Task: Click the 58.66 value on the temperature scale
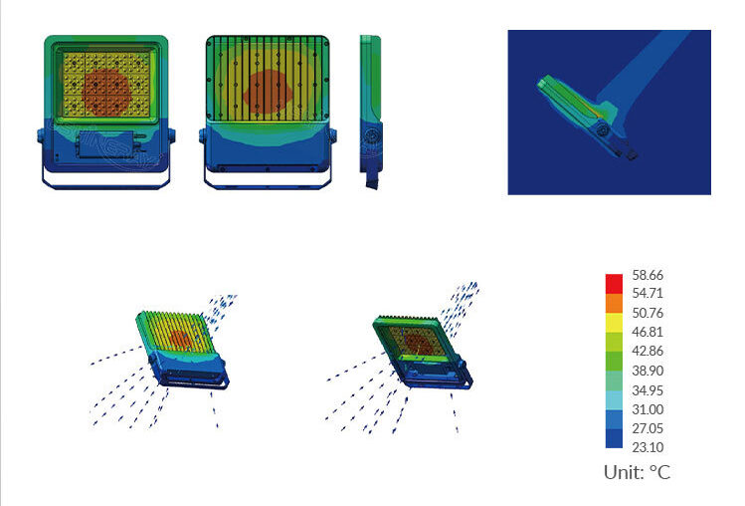tap(648, 275)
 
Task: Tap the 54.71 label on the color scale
tap(648, 293)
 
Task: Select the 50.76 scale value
tap(648, 313)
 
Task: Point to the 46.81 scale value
tap(648, 332)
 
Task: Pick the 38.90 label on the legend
tap(648, 371)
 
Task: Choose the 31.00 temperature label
tap(648, 409)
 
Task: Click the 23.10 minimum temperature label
tap(648, 447)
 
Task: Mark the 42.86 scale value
tap(648, 351)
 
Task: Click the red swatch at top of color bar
tap(614, 284)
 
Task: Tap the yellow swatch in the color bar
tap(614, 323)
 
